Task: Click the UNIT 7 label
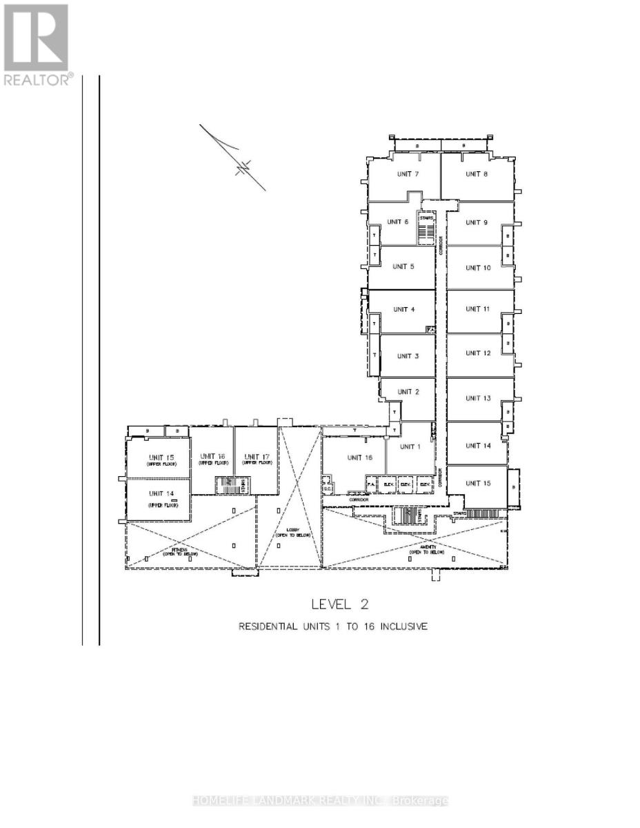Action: tap(407, 174)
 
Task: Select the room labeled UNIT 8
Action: tap(477, 174)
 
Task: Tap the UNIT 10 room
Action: tap(477, 268)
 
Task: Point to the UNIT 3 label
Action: tap(408, 356)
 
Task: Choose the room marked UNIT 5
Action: tap(403, 266)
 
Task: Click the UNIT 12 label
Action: tap(477, 353)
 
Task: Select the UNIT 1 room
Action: tap(410, 446)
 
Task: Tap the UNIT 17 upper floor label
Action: tap(256, 459)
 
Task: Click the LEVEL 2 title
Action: tap(340, 604)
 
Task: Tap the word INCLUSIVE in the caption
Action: tap(403, 627)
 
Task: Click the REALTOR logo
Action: tap(37, 45)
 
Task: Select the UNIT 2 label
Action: tap(408, 392)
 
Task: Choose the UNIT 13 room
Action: tap(477, 398)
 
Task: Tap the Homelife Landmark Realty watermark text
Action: tap(320, 801)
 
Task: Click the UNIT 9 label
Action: tap(477, 222)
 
